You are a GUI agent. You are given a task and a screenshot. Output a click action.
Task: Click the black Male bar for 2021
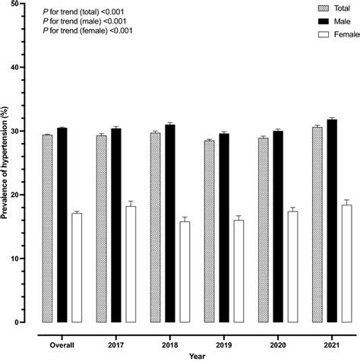pyautogui.click(x=332, y=221)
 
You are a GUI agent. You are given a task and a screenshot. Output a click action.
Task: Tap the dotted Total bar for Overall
pyautogui.click(x=47, y=228)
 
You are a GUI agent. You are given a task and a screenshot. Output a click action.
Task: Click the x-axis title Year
pyautogui.click(x=196, y=355)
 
